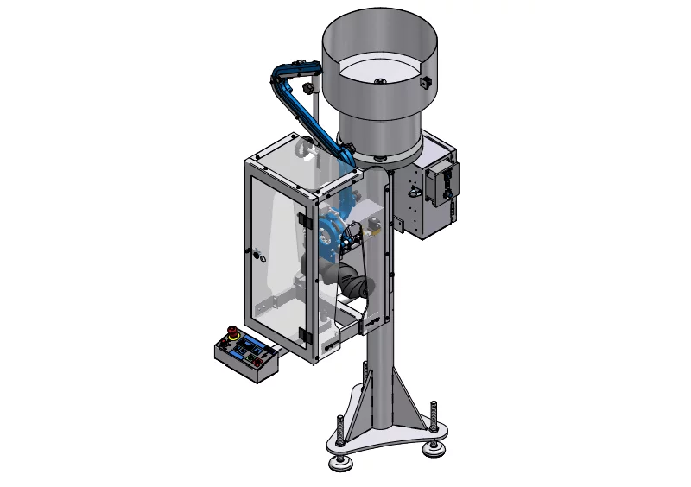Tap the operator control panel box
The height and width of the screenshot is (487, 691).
point(247,357)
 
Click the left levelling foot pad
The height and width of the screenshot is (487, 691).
point(340,464)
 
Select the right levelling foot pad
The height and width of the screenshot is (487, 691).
point(434,446)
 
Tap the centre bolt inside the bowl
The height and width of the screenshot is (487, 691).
point(379,80)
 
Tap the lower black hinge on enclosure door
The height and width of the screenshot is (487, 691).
point(302,334)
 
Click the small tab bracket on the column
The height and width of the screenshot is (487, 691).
point(400,226)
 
